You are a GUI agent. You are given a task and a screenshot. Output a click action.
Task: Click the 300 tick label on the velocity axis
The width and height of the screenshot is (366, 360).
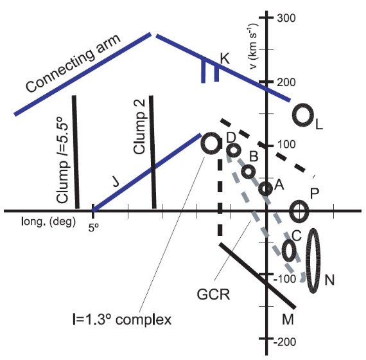[286, 18]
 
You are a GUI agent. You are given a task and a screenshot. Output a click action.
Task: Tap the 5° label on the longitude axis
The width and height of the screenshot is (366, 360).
[93, 228]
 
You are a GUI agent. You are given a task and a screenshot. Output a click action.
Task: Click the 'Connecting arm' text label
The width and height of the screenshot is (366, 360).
[73, 63]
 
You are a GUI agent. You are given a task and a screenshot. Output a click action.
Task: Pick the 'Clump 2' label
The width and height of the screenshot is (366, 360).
[139, 127]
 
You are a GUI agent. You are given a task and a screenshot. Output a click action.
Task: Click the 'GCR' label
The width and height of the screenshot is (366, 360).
[213, 294]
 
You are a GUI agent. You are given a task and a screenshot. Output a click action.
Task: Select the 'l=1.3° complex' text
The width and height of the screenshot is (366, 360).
[122, 319]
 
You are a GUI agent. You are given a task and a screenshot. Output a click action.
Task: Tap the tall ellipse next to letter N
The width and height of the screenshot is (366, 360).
[320, 260]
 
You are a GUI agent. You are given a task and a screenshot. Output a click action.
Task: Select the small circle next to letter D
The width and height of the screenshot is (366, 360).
[227, 150]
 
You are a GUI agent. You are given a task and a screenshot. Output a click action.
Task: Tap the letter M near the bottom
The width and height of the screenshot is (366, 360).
[288, 319]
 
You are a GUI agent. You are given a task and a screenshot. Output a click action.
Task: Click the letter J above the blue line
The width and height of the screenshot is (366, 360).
[116, 182]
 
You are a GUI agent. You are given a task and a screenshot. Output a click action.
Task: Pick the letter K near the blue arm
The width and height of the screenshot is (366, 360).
[225, 59]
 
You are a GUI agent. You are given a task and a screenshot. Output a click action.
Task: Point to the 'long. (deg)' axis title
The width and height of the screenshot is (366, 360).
[49, 221]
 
